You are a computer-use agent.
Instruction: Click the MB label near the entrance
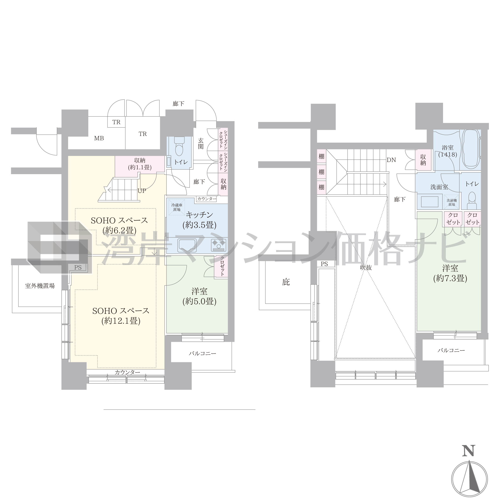[99, 138]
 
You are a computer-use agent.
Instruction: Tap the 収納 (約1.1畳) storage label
[140, 164]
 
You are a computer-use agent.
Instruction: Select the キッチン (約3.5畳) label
[199, 220]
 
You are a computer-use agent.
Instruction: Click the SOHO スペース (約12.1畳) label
[121, 316]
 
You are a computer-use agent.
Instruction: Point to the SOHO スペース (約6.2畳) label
[119, 225]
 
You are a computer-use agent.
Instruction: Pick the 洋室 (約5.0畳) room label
[199, 296]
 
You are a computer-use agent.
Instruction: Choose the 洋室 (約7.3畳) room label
[450, 273]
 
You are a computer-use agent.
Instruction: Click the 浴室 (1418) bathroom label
[447, 151]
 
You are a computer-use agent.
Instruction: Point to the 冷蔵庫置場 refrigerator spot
[177, 207]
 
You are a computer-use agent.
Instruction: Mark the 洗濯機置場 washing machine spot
[452, 202]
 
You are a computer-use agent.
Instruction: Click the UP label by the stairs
[142, 191]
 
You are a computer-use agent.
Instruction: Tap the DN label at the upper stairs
[391, 160]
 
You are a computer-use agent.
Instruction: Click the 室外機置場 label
[40, 286]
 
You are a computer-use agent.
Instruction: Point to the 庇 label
[286, 282]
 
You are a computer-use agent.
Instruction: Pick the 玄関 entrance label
[201, 144]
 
